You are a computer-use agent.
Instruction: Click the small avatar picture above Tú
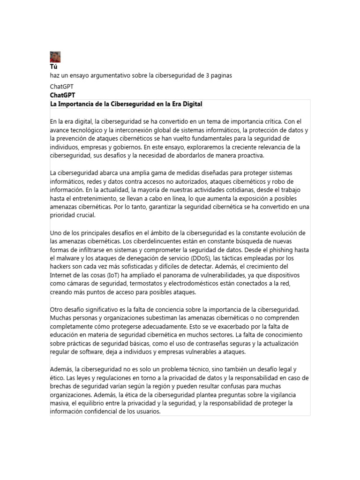coord(55,57)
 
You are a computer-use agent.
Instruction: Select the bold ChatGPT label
coord(62,95)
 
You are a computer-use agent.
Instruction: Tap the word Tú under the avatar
coord(53,67)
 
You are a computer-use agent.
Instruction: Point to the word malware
coord(69,258)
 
